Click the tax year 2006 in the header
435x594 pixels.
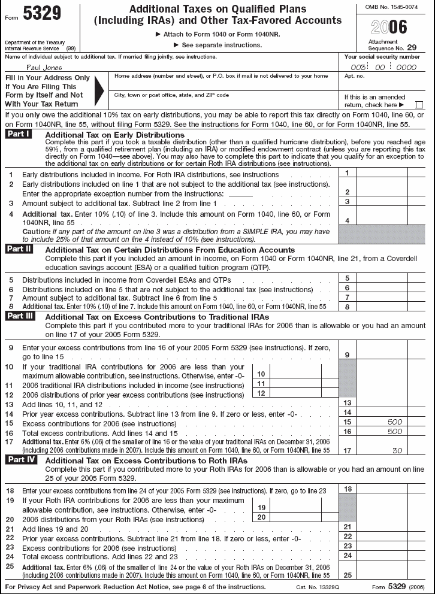pos(389,27)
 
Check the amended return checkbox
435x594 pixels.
pos(419,105)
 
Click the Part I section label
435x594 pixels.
pos(19,134)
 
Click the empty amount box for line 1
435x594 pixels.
pos(382,173)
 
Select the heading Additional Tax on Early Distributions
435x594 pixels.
pos(114,135)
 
